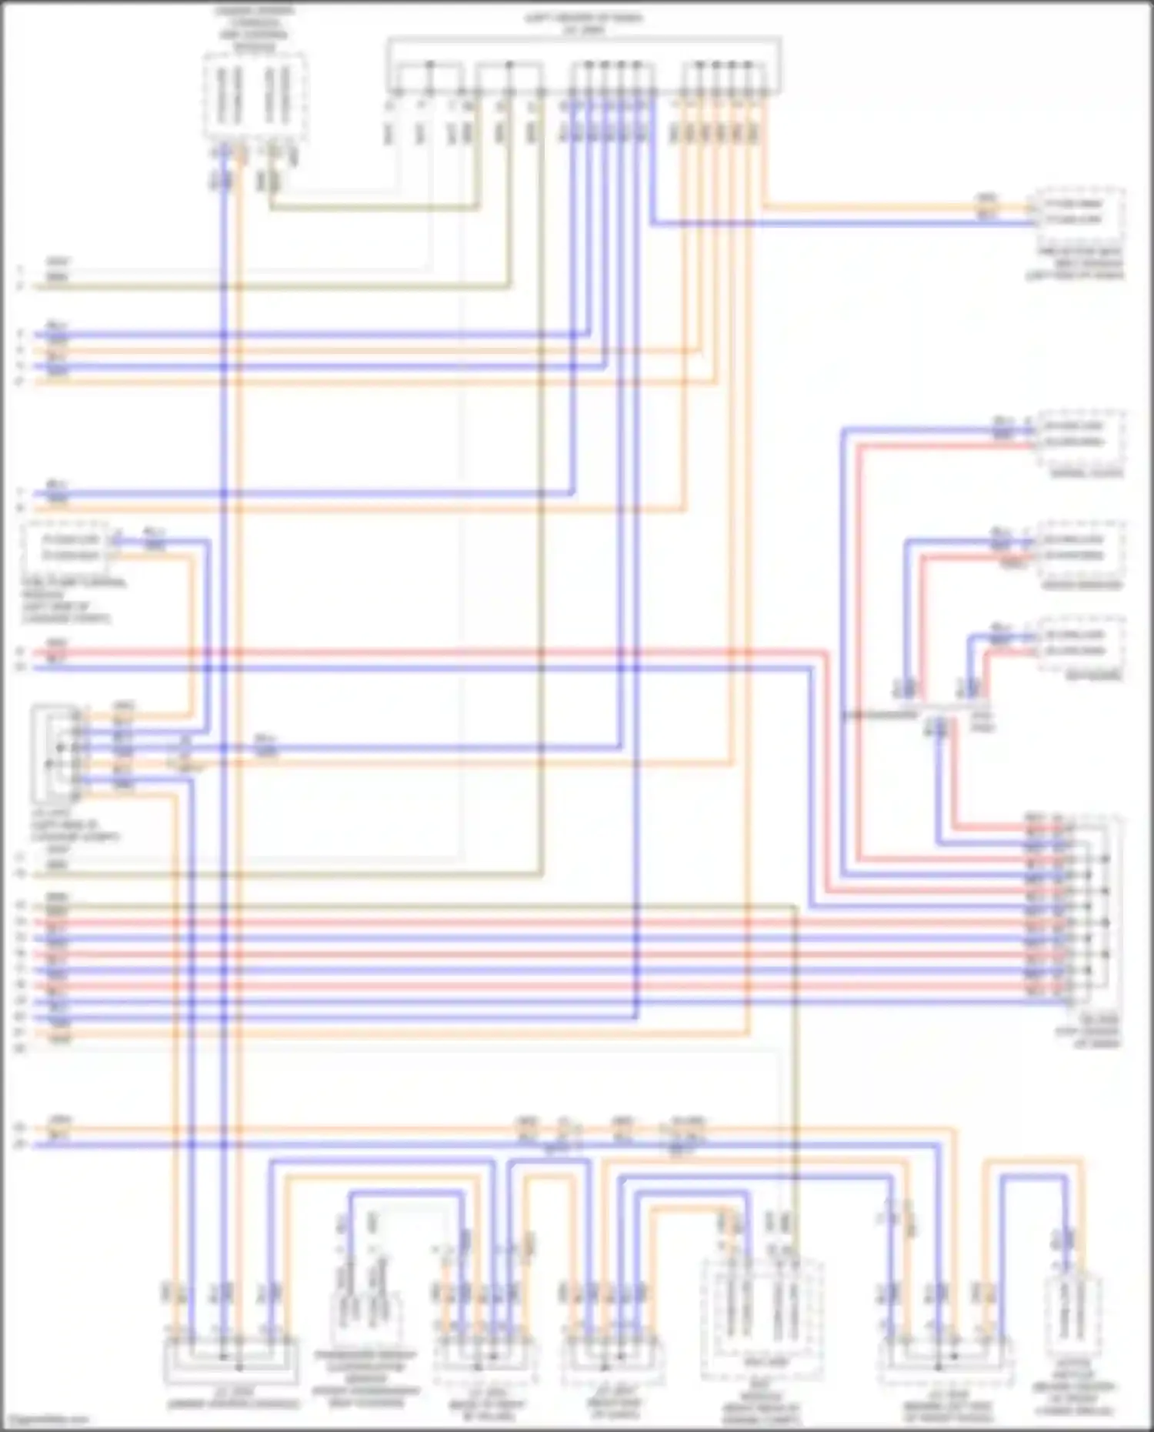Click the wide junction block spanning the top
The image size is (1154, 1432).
(585, 67)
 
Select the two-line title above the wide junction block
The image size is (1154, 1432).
(585, 23)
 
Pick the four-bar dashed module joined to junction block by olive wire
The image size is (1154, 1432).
(255, 96)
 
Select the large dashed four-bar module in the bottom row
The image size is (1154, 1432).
(762, 1320)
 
